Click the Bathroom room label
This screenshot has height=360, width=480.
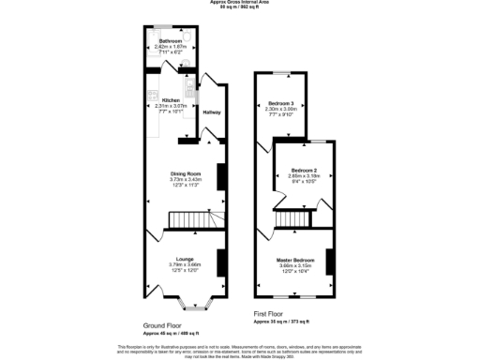point(171,42)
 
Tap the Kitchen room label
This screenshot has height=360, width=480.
point(171,99)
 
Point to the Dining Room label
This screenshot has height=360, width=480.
point(185,174)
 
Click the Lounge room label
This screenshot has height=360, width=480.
point(185,260)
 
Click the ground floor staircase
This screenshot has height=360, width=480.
point(191,221)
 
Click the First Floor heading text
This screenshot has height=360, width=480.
point(271,314)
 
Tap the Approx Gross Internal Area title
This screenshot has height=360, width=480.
point(239,3)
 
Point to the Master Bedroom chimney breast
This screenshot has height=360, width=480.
point(330,262)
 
